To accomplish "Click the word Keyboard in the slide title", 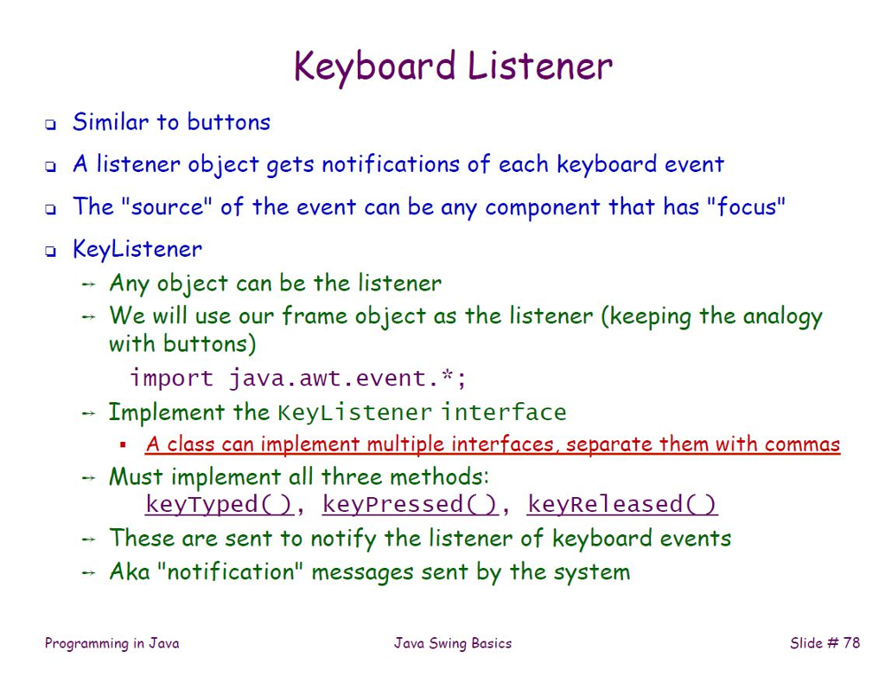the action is coord(375,67).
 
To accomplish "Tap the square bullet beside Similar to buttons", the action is coord(51,124).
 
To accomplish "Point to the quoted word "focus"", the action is coord(746,206).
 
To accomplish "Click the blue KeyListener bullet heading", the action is coord(137,249).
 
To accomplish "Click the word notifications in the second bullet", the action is coord(391,164).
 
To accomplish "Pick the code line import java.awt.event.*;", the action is coord(298,378).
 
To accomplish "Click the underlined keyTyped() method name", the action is coord(220,504).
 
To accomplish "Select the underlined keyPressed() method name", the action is coord(411,504).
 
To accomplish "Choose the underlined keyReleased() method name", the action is coord(622,504).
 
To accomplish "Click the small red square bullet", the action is coord(123,444).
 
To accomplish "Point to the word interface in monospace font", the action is coord(504,412).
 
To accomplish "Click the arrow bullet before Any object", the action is coord(88,284).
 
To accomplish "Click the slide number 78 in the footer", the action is coord(851,643).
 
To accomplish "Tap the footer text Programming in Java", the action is coord(111,643).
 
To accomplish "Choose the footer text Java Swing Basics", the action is coord(453,643).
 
